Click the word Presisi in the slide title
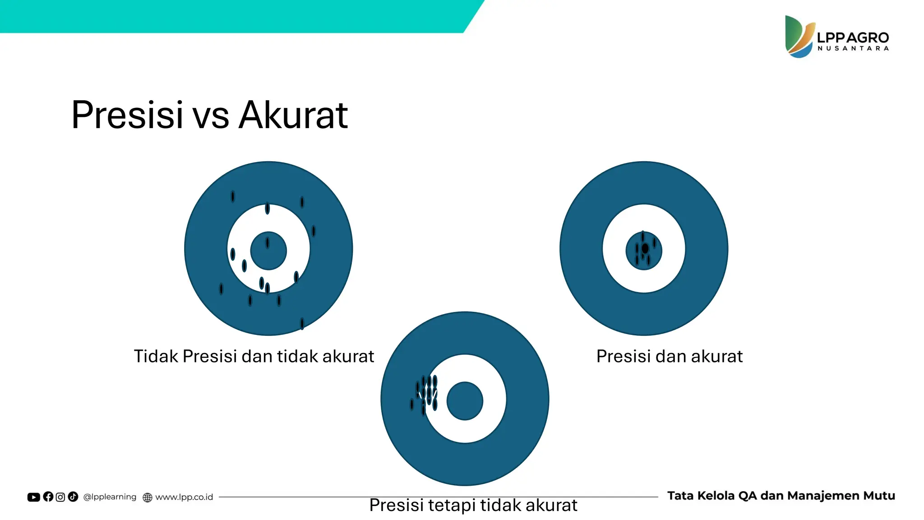click(x=127, y=115)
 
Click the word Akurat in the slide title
click(x=293, y=115)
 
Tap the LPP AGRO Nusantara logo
click(x=837, y=37)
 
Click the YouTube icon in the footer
click(x=33, y=497)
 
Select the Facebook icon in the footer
click(x=48, y=497)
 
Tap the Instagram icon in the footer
click(x=60, y=497)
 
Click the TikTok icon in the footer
click(x=73, y=497)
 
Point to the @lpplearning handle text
click(x=110, y=497)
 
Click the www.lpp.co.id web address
click(x=184, y=497)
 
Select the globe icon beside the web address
click(x=147, y=497)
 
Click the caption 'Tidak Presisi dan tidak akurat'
click(x=254, y=356)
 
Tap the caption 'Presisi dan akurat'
click(x=669, y=356)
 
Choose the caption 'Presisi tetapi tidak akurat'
click(x=473, y=505)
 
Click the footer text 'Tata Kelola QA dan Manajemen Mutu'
click(x=781, y=496)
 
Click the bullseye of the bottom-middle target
click(x=465, y=401)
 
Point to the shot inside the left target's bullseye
click(x=268, y=243)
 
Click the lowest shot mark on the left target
click(x=302, y=323)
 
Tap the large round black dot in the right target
click(x=645, y=248)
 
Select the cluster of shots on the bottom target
click(x=425, y=392)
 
